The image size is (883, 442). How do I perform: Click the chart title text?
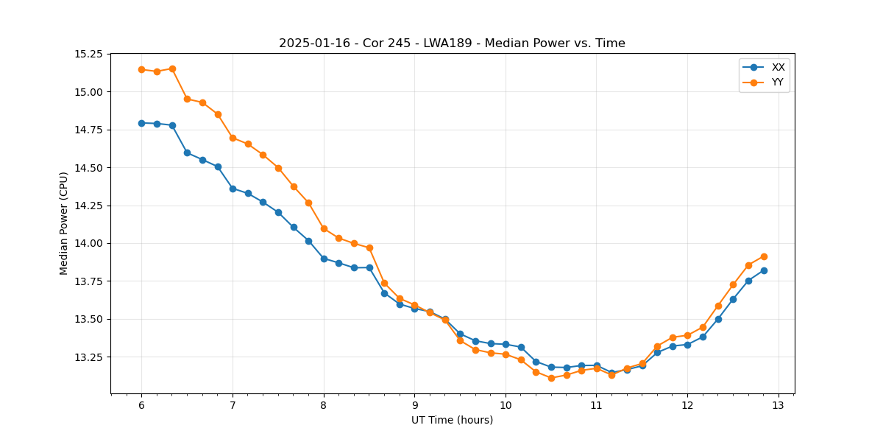pos(452,43)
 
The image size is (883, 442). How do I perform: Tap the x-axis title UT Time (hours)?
pos(452,421)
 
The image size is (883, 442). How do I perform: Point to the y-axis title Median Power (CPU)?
pos(64,223)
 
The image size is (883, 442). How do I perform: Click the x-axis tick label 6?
pos(141,406)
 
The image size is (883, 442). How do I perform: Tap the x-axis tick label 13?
pos(779,406)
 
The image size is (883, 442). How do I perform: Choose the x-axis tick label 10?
pos(506,406)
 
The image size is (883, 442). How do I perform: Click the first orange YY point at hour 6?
pos(141,70)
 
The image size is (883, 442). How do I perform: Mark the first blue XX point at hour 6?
pos(141,123)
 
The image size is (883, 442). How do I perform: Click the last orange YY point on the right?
pos(764,256)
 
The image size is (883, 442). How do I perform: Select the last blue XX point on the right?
pos(764,270)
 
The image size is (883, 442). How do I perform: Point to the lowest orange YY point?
pos(551,378)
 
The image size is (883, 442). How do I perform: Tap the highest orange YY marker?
pos(172,69)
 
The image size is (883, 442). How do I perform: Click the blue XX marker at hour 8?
pos(324,259)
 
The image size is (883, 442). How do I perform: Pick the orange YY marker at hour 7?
pos(233,138)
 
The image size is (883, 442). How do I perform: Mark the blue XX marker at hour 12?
pos(687,345)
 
